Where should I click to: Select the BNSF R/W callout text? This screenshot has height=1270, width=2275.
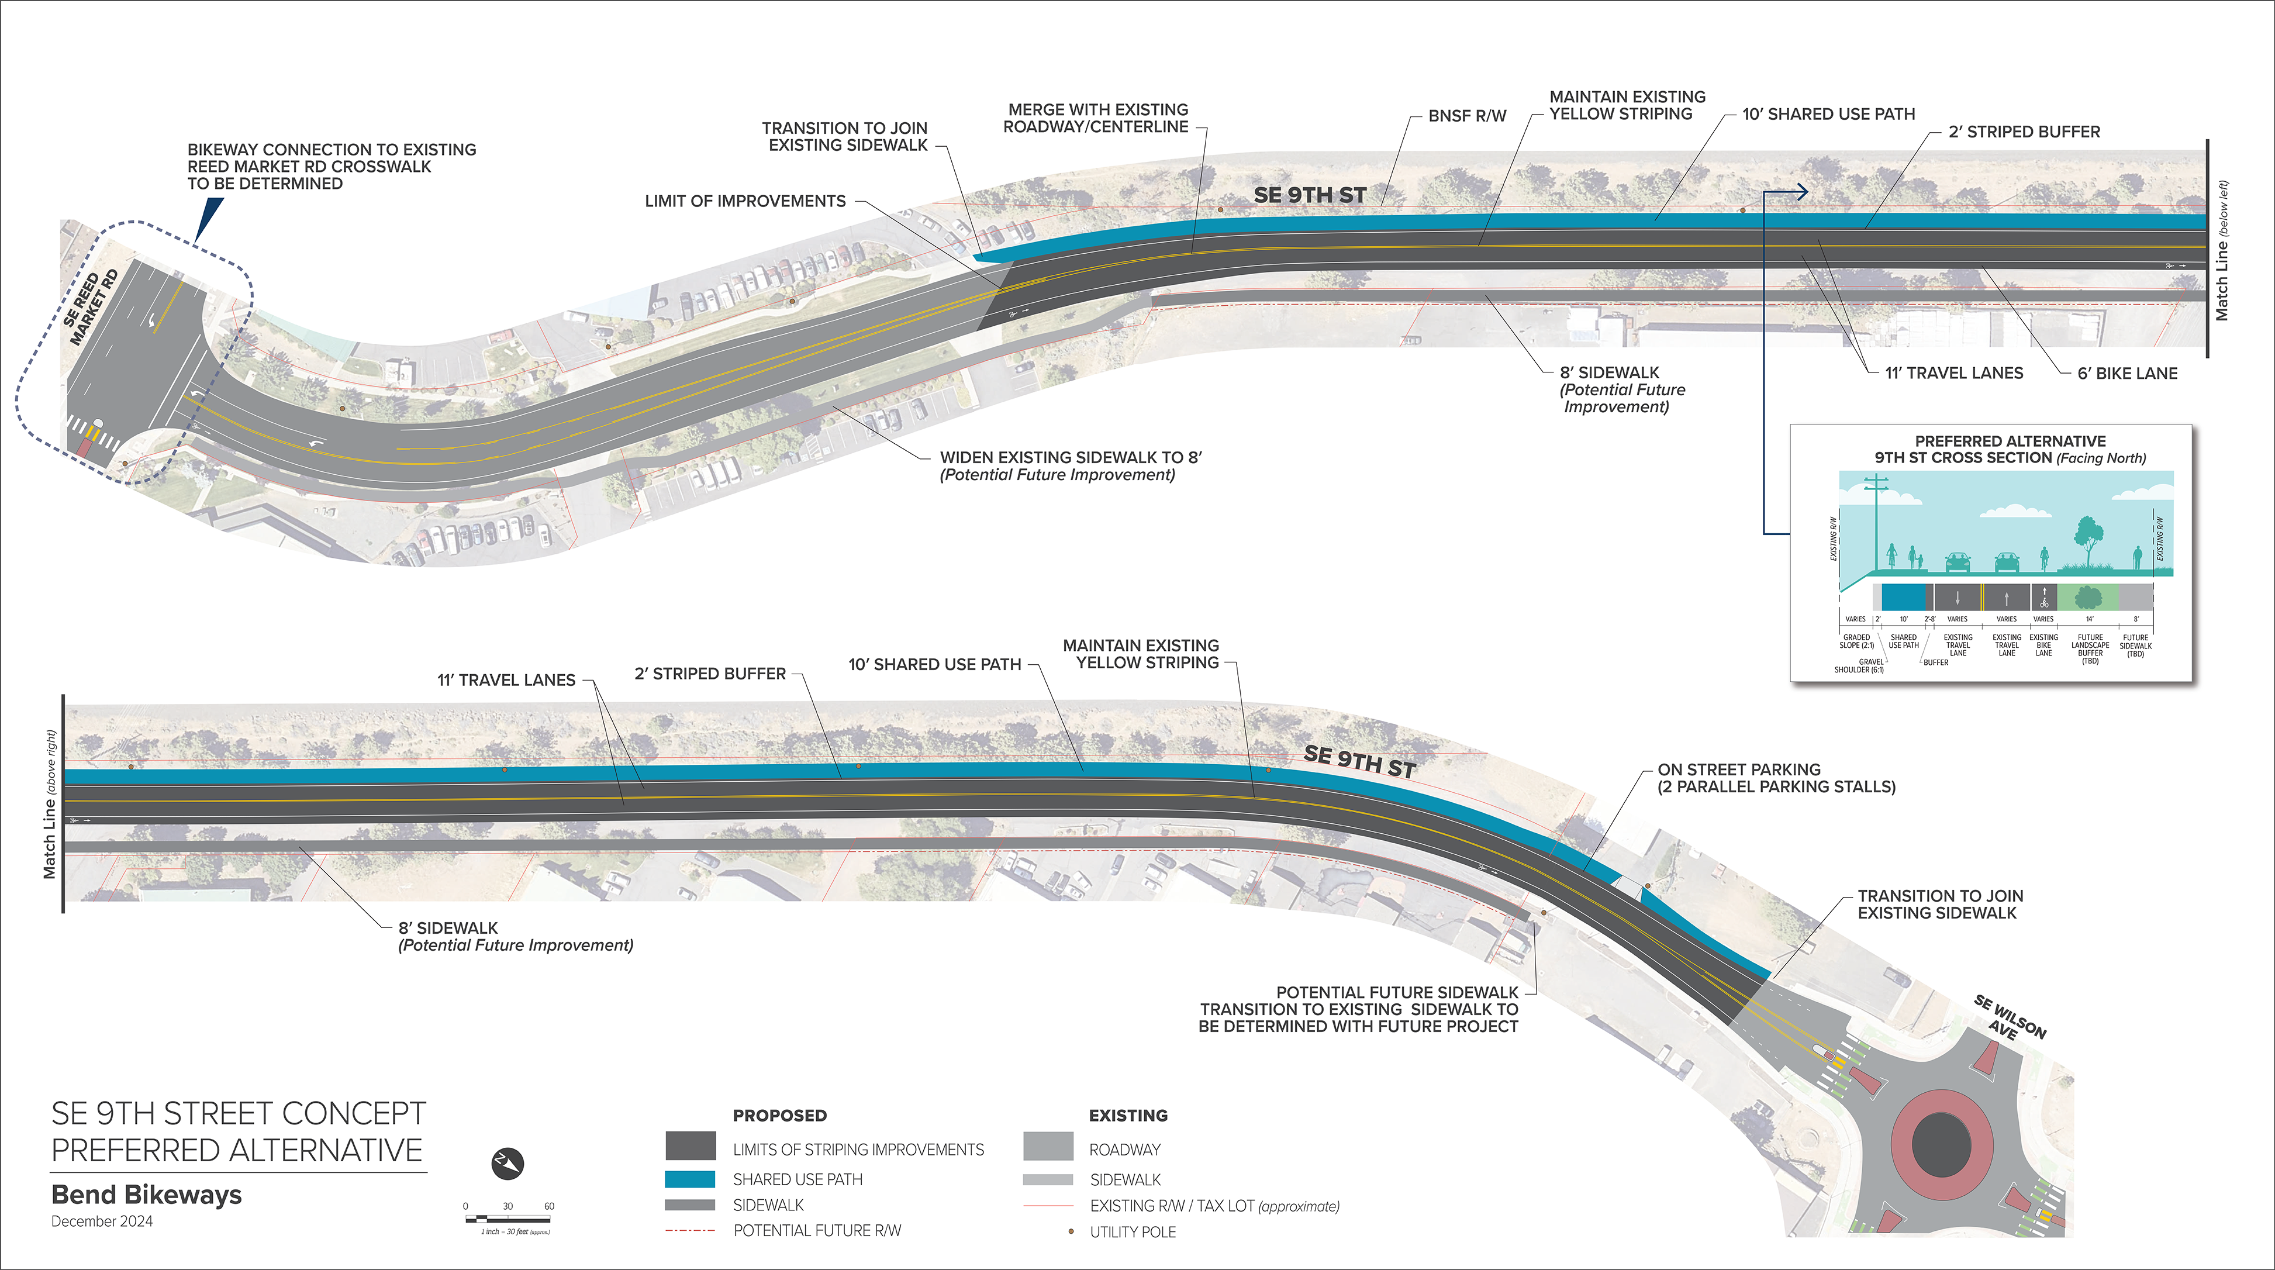[x=1467, y=116]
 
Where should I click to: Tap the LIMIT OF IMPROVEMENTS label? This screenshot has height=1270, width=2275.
[x=744, y=201]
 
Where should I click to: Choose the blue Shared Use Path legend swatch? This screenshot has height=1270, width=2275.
[x=690, y=1179]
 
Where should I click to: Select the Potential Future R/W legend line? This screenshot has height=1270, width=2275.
[x=690, y=1230]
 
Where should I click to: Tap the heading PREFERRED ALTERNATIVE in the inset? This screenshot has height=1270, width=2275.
[x=2010, y=441]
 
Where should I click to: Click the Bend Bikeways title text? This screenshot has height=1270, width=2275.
[x=147, y=1195]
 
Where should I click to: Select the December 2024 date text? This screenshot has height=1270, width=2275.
[x=102, y=1221]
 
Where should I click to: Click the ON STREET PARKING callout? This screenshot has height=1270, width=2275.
[x=1775, y=778]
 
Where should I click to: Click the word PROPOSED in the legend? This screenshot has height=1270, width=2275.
[x=780, y=1116]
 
